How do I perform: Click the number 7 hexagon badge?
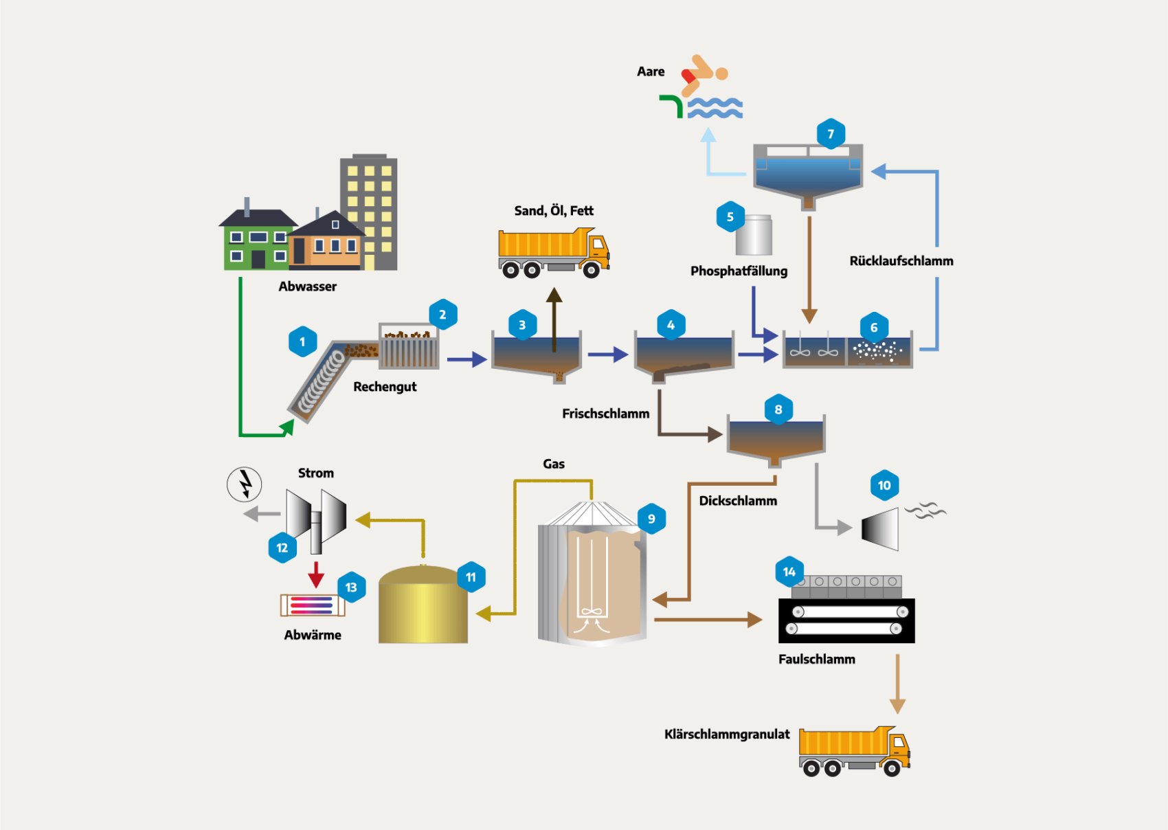[x=831, y=134]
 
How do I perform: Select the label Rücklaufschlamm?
[x=901, y=261]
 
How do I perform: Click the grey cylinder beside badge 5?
[x=755, y=235]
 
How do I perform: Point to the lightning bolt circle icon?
[x=245, y=484]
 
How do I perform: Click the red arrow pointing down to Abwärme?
[x=316, y=574]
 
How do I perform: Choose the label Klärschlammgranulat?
[x=726, y=734]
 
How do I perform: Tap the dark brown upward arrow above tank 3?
[x=554, y=316]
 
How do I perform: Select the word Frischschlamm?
[x=605, y=414]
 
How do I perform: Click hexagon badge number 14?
[x=789, y=572]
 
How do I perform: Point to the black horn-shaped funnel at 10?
[x=881, y=529]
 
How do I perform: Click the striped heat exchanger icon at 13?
[x=312, y=605]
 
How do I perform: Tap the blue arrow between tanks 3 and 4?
[x=607, y=355]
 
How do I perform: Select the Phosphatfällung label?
[x=739, y=271]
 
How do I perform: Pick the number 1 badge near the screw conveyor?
[x=302, y=341]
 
